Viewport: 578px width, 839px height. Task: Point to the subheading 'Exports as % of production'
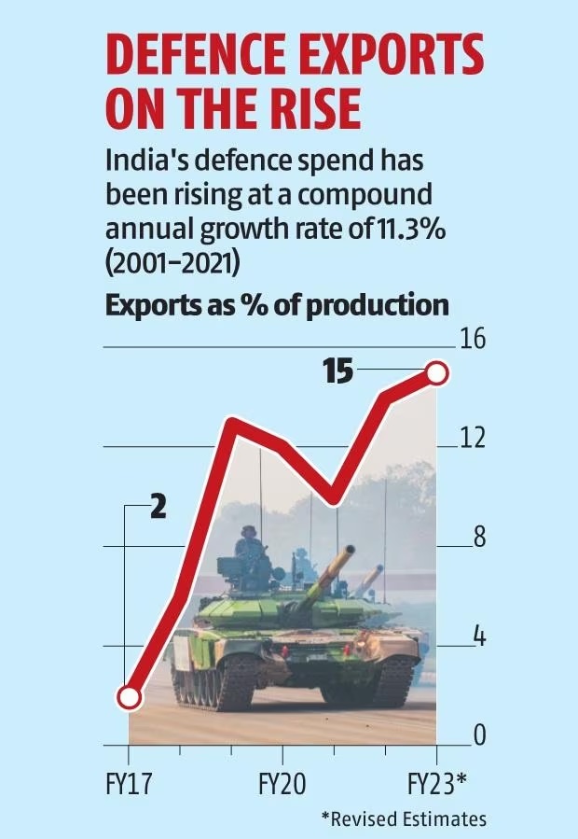pyautogui.click(x=277, y=305)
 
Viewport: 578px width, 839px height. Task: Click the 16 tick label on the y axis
pyautogui.click(x=473, y=339)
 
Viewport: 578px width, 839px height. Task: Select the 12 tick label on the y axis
pyautogui.click(x=473, y=438)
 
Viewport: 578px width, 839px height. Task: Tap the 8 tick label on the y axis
pyautogui.click(x=478, y=538)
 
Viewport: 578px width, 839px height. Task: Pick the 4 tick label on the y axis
pyautogui.click(x=478, y=637)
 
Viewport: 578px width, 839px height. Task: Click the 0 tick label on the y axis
pyautogui.click(x=478, y=736)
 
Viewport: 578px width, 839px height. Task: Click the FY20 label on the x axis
pyautogui.click(x=282, y=782)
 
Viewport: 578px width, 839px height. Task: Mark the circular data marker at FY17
pyautogui.click(x=130, y=697)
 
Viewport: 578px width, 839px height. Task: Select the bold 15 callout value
pyautogui.click(x=338, y=372)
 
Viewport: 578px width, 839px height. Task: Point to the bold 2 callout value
pyautogui.click(x=158, y=508)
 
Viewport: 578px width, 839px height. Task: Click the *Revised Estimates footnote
pyautogui.click(x=404, y=818)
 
